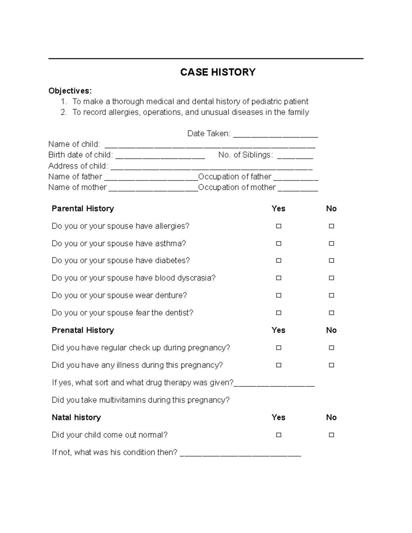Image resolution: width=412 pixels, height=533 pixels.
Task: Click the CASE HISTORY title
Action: point(218,72)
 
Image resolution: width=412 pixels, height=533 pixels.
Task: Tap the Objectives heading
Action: point(70,91)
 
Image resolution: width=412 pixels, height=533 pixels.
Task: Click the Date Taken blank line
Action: point(275,135)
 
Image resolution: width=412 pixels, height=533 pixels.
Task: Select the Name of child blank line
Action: point(210,146)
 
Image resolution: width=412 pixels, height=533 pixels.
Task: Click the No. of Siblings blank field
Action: point(295,157)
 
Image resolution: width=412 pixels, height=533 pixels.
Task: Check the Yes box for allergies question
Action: point(278,226)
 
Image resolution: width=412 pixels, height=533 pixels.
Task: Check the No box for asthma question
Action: point(331,243)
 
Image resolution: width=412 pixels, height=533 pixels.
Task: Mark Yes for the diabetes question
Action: point(278,260)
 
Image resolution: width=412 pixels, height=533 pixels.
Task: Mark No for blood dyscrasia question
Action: point(331,278)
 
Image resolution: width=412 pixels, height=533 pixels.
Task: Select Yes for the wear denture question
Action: point(278,295)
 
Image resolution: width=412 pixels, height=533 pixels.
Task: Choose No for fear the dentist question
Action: point(331,313)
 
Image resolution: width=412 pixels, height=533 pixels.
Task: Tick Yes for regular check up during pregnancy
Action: point(278,348)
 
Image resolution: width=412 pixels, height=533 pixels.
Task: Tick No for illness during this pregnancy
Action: point(331,365)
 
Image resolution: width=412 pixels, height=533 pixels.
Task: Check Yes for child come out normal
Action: point(278,435)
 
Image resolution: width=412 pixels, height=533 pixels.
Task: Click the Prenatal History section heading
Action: point(83,330)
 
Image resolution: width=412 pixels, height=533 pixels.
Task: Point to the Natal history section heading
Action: point(76,417)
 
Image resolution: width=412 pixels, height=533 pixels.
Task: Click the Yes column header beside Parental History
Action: point(278,209)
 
